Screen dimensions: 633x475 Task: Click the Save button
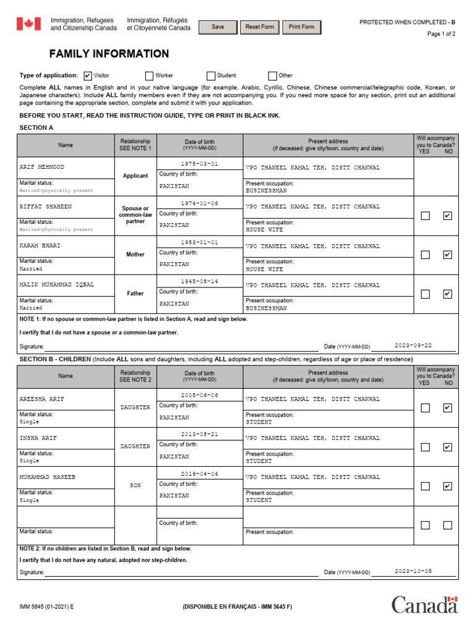(x=218, y=27)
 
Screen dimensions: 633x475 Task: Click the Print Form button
(x=301, y=27)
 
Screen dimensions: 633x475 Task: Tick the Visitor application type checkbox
(x=88, y=75)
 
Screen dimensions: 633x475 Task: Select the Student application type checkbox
(x=211, y=75)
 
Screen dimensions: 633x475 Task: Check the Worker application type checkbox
(x=149, y=75)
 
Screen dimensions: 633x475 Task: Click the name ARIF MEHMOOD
(x=41, y=168)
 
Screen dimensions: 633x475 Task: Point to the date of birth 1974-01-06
(x=199, y=203)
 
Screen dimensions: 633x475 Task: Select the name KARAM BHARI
(x=40, y=245)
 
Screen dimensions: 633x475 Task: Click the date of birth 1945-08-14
(x=199, y=281)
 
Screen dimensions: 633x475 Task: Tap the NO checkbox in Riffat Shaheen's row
(x=447, y=216)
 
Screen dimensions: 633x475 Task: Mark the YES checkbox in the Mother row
(x=425, y=255)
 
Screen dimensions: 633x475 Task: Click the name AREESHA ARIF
(x=41, y=399)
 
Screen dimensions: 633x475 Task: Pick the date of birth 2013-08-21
(x=199, y=435)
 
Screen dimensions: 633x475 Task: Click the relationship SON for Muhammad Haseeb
(x=135, y=486)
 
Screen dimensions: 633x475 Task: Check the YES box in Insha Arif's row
(x=425, y=447)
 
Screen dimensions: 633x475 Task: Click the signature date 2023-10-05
(x=413, y=571)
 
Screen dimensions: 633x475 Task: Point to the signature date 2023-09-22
(x=413, y=346)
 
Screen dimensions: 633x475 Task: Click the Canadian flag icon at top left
(x=28, y=24)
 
